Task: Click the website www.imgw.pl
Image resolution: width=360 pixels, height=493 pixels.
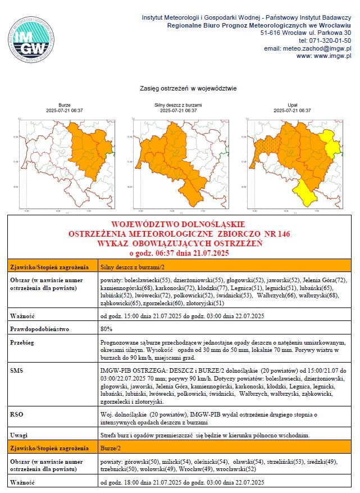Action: coord(323,56)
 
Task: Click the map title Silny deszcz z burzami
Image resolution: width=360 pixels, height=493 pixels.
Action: coord(178,105)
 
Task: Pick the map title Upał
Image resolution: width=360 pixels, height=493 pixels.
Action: coord(292,105)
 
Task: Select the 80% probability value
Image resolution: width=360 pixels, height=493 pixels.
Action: coord(106,328)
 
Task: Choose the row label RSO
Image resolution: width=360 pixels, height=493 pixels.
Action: coord(17,414)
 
